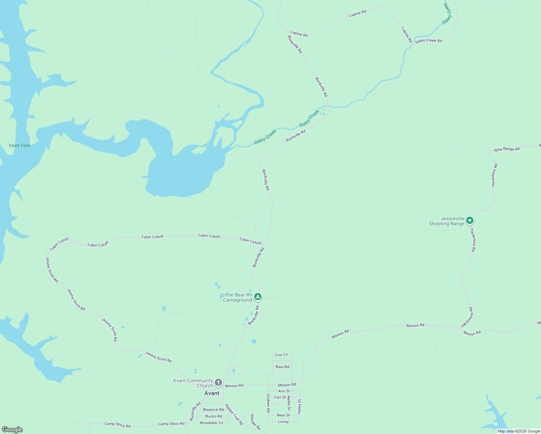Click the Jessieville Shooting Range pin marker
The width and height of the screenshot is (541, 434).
pyautogui.click(x=469, y=220)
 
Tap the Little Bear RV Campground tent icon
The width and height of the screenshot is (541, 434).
pyautogui.click(x=257, y=297)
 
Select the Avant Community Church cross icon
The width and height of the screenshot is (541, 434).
pyautogui.click(x=218, y=383)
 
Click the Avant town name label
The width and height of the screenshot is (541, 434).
pyautogui.click(x=212, y=393)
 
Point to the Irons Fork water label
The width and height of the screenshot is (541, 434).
pyautogui.click(x=20, y=145)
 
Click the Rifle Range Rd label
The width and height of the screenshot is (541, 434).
pyautogui.click(x=507, y=149)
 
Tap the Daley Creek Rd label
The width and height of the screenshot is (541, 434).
pyautogui.click(x=429, y=41)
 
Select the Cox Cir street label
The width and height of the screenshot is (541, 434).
pyautogui.click(x=281, y=355)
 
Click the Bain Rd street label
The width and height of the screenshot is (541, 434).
pyautogui.click(x=282, y=367)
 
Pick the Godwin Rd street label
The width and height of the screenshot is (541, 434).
pyautogui.click(x=268, y=403)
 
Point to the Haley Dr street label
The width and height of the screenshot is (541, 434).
pyautogui.click(x=299, y=406)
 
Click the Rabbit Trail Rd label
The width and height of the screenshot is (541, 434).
pyautogui.click(x=234, y=414)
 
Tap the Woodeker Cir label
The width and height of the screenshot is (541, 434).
pyautogui.click(x=212, y=423)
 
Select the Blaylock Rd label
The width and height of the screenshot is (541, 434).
pyautogui.click(x=213, y=410)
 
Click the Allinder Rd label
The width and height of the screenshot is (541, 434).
pyautogui.click(x=255, y=422)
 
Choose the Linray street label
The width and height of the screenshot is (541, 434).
pyautogui.click(x=284, y=422)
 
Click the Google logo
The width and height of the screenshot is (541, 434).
pyautogui.click(x=12, y=430)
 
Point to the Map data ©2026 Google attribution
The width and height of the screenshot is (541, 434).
pyautogui.click(x=519, y=431)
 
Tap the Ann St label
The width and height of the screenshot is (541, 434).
pyautogui.click(x=284, y=391)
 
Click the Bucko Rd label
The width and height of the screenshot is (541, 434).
pyautogui.click(x=214, y=416)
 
